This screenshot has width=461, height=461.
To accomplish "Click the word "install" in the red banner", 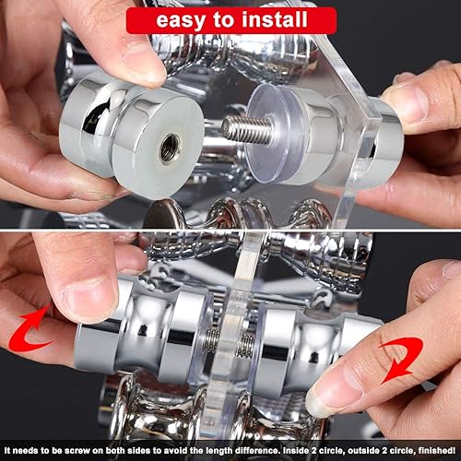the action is coord(275,19).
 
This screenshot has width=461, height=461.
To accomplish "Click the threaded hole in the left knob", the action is coord(170,148).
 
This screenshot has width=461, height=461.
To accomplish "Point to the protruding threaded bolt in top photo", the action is coord(247,129).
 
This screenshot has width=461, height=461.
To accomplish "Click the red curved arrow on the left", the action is coord(30,330).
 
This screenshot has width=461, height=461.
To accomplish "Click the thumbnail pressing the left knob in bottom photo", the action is coord(89,298).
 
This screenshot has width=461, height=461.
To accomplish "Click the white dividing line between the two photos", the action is coord(230,230).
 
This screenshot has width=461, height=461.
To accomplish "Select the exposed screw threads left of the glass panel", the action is coord(212,339).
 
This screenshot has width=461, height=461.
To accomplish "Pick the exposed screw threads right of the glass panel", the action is coord(246,344).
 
